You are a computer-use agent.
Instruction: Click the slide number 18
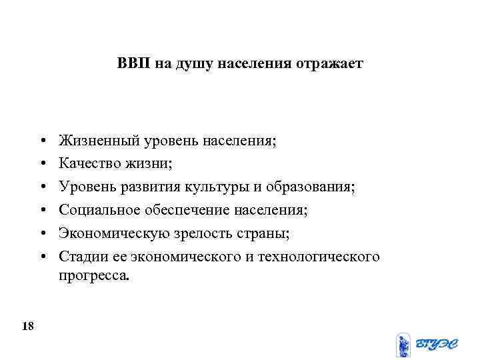pyautogui.click(x=28, y=326)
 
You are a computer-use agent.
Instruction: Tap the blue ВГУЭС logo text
pyautogui.click(x=437, y=344)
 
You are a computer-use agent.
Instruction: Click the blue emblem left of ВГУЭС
pyautogui.click(x=403, y=345)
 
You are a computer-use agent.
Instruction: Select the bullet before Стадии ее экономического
pyautogui.click(x=42, y=257)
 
